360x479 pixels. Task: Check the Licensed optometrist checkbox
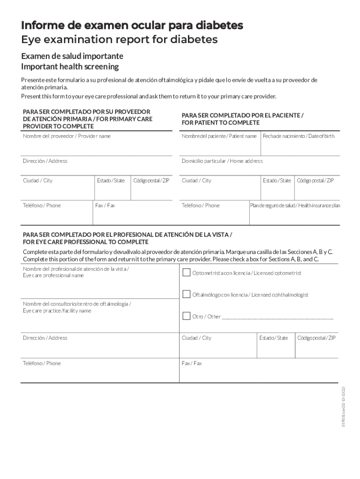186,273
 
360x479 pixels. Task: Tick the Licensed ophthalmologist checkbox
186,295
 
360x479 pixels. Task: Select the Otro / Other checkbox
186,316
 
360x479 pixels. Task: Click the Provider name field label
67,136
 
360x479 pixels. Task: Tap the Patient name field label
219,136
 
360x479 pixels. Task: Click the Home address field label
222,161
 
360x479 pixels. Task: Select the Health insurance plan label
295,205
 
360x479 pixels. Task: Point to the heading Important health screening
70,67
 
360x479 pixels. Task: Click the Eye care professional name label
53,276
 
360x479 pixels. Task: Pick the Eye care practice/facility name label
57,311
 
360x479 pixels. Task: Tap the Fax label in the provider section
105,205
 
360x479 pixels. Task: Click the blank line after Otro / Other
278,317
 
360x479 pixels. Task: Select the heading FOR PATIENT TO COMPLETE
220,123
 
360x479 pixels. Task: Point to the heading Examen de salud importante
72,56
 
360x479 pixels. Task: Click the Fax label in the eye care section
192,363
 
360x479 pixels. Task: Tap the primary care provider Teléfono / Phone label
42,205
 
